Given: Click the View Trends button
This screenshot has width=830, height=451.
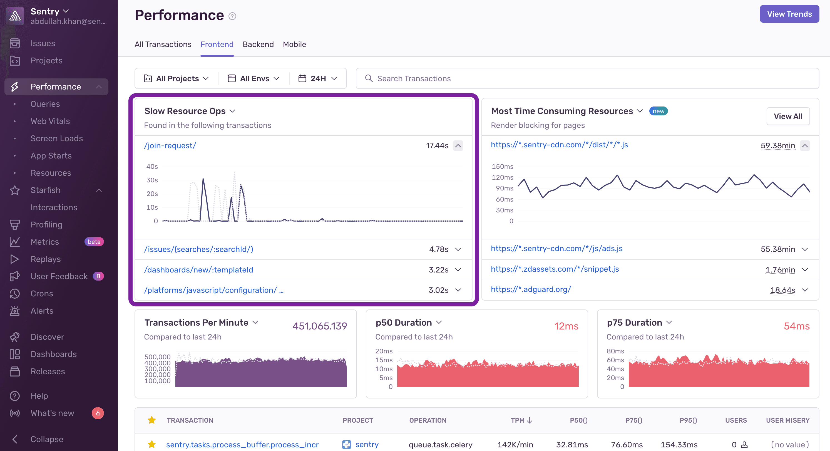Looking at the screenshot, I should tap(789, 14).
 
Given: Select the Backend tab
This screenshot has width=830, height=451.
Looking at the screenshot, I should tap(258, 44).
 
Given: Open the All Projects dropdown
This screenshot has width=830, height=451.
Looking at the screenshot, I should tap(177, 78).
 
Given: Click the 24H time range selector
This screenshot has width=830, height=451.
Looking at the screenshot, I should tap(318, 78).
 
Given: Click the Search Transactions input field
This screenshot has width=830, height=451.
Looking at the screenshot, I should tap(587, 78).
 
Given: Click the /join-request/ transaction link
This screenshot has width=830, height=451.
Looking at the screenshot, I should tap(170, 145).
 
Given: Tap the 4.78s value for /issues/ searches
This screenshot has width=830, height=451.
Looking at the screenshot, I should tap(439, 249).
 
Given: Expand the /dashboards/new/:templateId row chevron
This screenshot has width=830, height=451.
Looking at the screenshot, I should tap(458, 269).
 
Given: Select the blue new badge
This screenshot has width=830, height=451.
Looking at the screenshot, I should tap(658, 111).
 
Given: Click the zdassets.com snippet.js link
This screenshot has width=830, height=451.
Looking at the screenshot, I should tap(555, 269).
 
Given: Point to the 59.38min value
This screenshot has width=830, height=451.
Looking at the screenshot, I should tap(777, 145).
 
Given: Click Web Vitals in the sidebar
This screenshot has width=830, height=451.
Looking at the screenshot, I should tap(50, 121).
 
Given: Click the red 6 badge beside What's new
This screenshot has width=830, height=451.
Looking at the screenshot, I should tap(98, 413).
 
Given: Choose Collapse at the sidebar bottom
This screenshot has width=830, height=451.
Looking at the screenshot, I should tap(47, 439).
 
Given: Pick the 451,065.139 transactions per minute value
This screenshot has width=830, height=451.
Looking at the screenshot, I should tap(320, 326).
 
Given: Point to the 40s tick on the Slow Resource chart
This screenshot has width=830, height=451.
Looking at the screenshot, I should tap(152, 166).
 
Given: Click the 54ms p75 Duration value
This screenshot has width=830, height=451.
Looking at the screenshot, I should tap(796, 326).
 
